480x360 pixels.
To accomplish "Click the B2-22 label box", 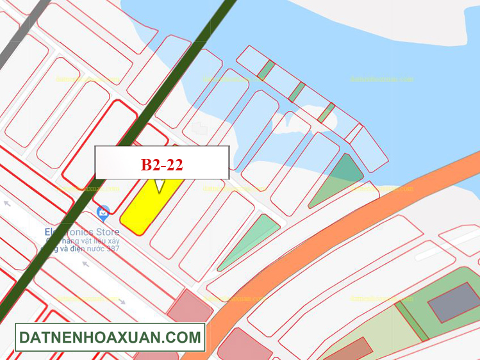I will [x=161, y=163].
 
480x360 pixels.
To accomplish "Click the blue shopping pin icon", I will [x=103, y=211].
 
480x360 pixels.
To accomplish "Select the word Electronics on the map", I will [x=67, y=231].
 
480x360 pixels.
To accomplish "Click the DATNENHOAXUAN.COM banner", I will [x=110, y=337].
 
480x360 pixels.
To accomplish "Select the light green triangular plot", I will [x=253, y=240].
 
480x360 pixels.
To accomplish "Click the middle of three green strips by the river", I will [x=296, y=92].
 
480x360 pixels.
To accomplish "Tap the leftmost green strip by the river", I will [x=265, y=70].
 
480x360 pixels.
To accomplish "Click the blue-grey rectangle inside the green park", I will [x=453, y=302].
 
